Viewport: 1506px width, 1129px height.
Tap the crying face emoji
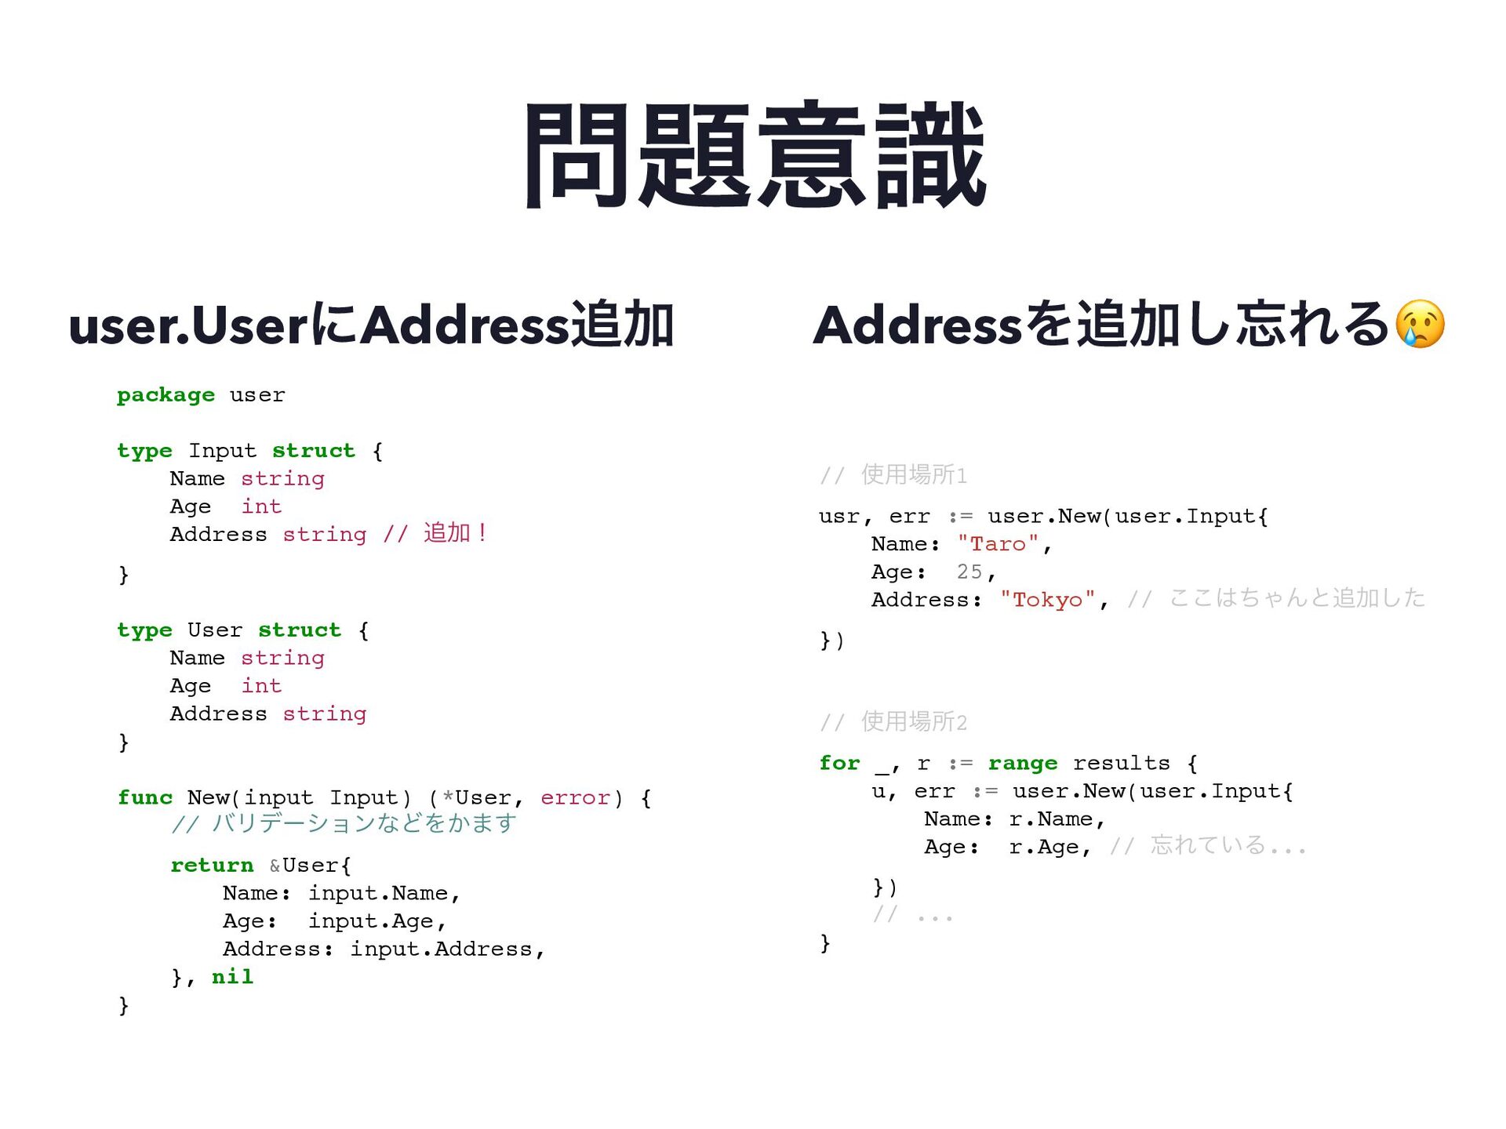[1420, 324]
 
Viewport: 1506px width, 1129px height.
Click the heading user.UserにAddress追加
[371, 325]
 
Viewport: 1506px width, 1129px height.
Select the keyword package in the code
[166, 395]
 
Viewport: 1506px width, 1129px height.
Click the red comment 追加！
[456, 534]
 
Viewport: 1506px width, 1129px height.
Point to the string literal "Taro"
[999, 544]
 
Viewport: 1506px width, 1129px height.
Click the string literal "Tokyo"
[1047, 601]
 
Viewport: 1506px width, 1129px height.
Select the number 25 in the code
[969, 572]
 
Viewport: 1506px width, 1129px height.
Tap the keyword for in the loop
[839, 764]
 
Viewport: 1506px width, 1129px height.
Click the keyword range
[1022, 764]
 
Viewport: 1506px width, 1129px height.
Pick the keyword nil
[232, 977]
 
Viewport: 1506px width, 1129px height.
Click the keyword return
[212, 866]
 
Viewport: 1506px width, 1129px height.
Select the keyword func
[145, 798]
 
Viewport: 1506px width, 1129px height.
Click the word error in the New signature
[575, 798]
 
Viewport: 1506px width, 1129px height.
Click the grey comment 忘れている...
[1208, 846]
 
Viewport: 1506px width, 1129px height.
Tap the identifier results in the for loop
[1121, 764]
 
